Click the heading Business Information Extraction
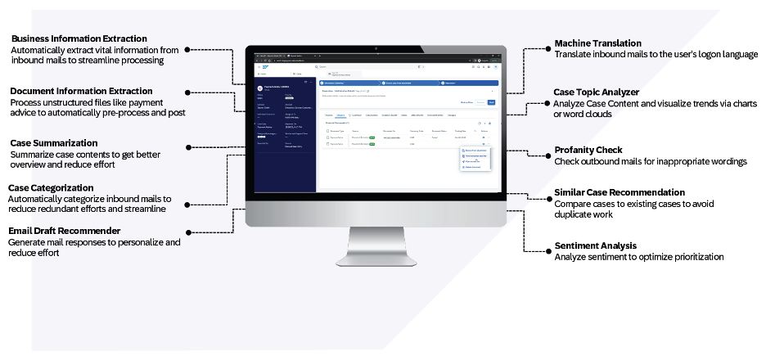point(79,38)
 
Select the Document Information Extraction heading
point(81,91)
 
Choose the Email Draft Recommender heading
point(64,232)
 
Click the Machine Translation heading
point(597,43)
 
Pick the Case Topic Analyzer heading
point(596,92)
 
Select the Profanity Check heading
point(588,151)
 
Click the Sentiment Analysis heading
point(595,245)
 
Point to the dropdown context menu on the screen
point(475,159)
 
